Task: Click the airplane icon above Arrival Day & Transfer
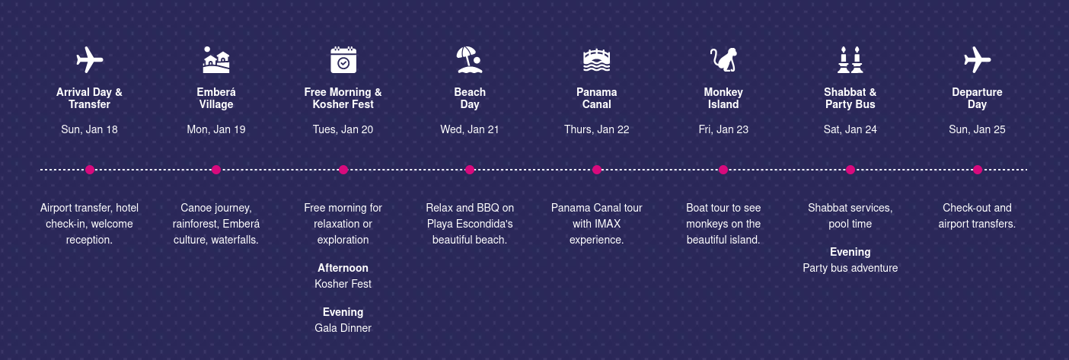tap(90, 59)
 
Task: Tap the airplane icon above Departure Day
tap(977, 59)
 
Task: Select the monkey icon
tap(723, 59)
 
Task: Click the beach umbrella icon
tap(470, 59)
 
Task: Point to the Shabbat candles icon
tap(850, 59)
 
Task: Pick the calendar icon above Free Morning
tap(343, 59)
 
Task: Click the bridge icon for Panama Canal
tap(596, 60)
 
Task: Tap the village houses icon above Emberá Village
tap(216, 59)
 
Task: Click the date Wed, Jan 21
tap(470, 129)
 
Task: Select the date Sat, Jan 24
tap(850, 129)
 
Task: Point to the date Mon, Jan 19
tap(216, 129)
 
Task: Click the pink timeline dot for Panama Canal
tap(596, 170)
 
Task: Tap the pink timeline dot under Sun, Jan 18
tap(90, 170)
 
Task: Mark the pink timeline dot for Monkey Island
tap(723, 170)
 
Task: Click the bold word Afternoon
tap(343, 268)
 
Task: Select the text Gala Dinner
tap(343, 328)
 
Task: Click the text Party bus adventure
tap(850, 268)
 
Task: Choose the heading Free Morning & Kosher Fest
tap(343, 98)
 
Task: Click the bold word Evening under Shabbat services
tap(850, 252)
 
